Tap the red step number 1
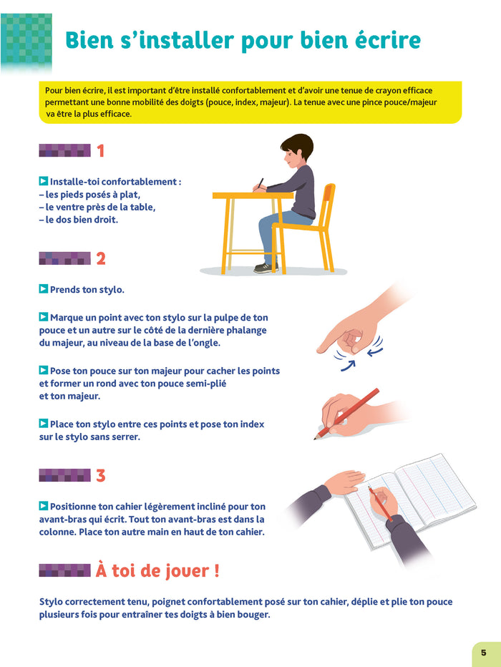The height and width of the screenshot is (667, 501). (100, 151)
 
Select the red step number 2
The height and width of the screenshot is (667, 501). (101, 258)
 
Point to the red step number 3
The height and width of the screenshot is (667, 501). (101, 476)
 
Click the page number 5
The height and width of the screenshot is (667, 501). (484, 653)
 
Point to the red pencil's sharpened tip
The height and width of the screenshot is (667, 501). (316, 437)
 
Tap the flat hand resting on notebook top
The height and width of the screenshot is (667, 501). (344, 481)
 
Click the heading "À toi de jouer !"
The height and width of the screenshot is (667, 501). (157, 570)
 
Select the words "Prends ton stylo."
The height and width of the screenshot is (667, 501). (87, 290)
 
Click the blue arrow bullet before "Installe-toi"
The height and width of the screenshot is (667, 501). (44, 181)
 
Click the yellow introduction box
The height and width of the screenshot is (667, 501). (250, 102)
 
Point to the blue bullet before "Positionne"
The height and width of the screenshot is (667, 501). (44, 506)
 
